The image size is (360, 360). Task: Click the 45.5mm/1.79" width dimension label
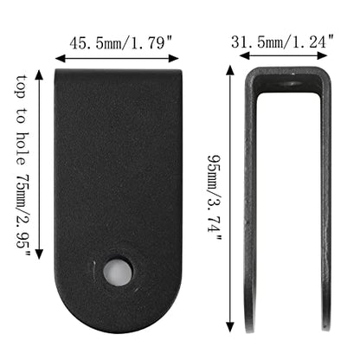pos(121,43)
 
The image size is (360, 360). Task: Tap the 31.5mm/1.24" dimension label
pos(283,42)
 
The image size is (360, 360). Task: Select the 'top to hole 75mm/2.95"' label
pos(23,165)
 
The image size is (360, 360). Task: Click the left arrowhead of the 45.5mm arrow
pos(60,59)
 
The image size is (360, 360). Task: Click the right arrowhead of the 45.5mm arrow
pos(174,59)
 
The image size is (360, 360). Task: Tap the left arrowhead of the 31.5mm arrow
pos(244,55)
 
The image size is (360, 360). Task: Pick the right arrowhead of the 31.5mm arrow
pos(323,55)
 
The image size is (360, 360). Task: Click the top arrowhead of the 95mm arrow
pos(230,70)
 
